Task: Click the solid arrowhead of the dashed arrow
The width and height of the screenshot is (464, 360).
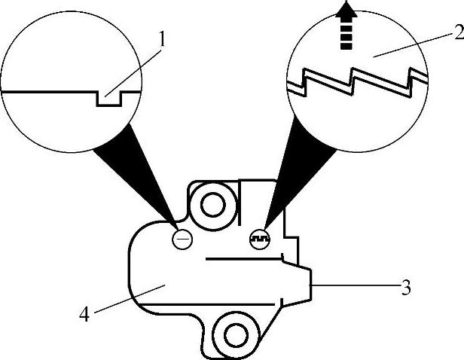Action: (346, 11)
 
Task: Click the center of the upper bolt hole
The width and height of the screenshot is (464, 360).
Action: (212, 203)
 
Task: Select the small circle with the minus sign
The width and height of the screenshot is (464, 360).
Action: (182, 239)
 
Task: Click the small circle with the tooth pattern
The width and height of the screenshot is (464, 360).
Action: (258, 238)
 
